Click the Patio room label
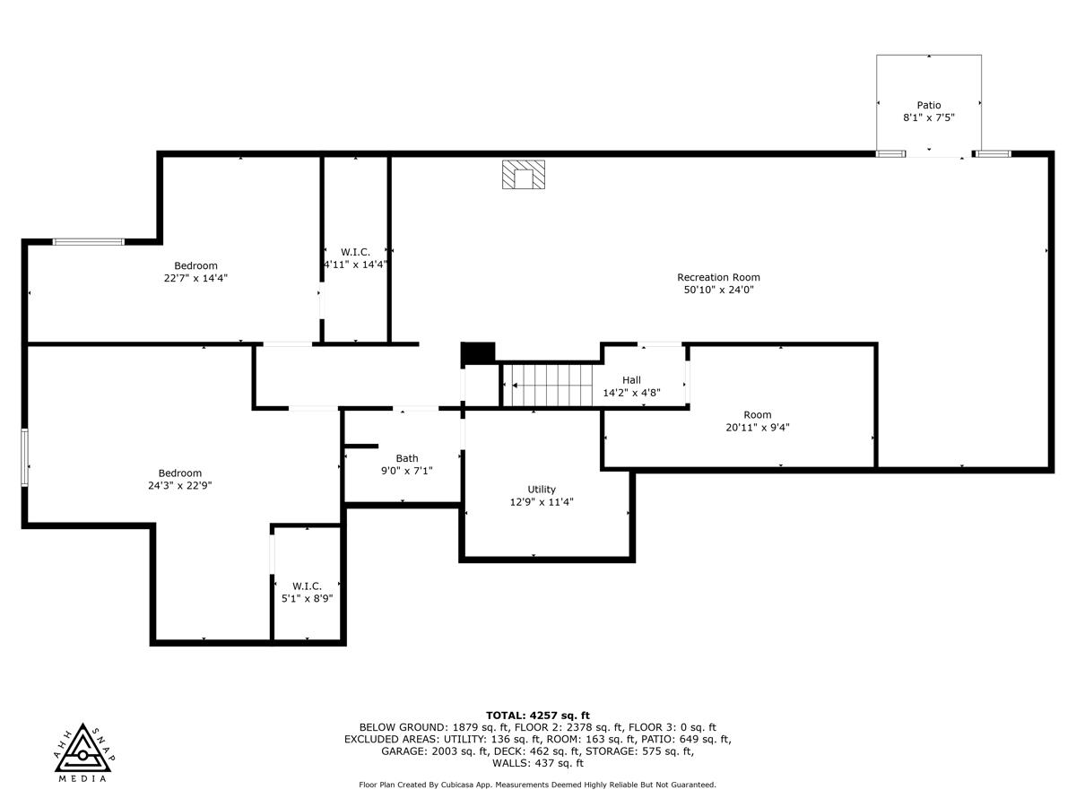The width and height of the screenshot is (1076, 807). point(928,105)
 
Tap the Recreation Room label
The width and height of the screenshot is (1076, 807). point(718,277)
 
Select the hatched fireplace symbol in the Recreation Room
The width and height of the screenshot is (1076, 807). point(523,175)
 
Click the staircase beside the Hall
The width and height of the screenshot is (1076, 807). point(551,385)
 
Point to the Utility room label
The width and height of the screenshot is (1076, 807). point(542,489)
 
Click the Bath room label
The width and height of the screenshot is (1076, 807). point(407,458)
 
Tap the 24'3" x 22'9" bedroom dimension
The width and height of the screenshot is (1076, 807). point(180,485)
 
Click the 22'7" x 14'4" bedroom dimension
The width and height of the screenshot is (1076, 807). point(195,278)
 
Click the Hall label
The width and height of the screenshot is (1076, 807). point(631,379)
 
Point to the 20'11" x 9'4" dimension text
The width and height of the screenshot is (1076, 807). point(758,428)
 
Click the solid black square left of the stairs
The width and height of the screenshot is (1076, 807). point(477,353)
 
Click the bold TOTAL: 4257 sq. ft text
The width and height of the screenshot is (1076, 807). point(538,715)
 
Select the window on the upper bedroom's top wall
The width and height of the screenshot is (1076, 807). point(88,241)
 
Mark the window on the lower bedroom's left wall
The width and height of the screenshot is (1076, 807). point(25,457)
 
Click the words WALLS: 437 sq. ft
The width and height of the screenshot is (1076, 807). point(538,763)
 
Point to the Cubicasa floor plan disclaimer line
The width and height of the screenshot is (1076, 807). point(538,785)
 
